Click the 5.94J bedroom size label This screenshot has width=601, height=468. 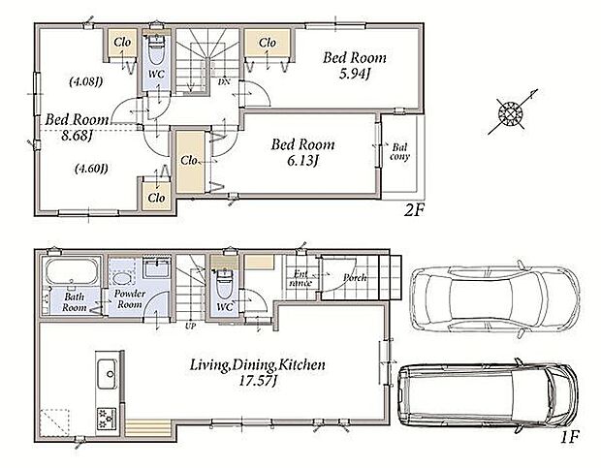(x=354, y=74)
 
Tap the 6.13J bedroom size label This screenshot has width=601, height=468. (x=302, y=161)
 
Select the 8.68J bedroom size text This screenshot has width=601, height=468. (x=77, y=136)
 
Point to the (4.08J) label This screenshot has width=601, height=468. (x=86, y=81)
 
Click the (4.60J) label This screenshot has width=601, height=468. (x=91, y=169)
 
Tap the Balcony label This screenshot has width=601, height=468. (x=399, y=152)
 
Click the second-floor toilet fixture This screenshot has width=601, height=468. (x=156, y=50)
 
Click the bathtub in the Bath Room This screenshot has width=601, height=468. (x=72, y=271)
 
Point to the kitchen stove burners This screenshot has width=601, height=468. (x=107, y=417)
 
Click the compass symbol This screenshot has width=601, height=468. (x=512, y=111)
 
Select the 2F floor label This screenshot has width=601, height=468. (x=413, y=210)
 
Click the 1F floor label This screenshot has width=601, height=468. (x=570, y=437)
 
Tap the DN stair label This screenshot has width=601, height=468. (x=224, y=81)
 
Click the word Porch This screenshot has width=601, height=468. (x=355, y=278)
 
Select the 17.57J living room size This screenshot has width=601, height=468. (x=258, y=382)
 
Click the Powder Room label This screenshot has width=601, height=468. (x=130, y=299)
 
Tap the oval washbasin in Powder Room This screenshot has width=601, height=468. (x=122, y=278)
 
